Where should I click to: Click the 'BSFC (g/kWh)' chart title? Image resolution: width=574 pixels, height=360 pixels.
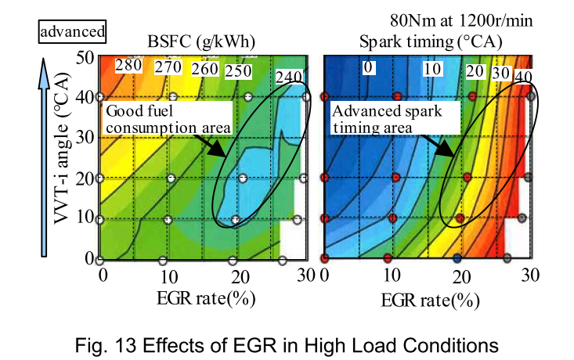point(200,41)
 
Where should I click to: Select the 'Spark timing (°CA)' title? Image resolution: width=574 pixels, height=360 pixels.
point(430,41)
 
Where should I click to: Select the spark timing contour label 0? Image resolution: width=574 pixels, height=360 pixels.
point(367,67)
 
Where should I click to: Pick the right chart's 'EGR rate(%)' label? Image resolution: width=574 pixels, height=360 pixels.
point(429,300)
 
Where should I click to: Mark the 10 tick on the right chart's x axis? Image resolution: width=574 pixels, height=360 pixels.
point(392,276)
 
